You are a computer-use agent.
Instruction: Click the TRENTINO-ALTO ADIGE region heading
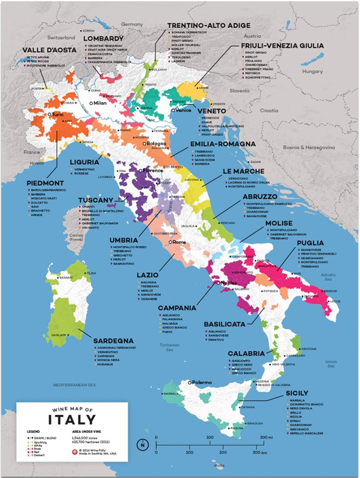[x=207, y=27]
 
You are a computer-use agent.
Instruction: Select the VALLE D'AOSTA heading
[x=50, y=50]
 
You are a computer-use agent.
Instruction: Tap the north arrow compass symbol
[x=143, y=445]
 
